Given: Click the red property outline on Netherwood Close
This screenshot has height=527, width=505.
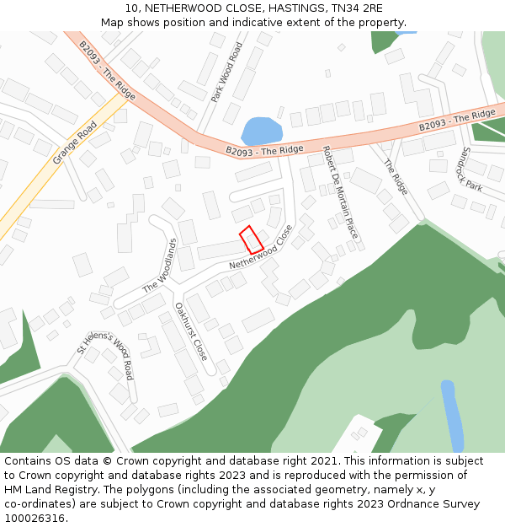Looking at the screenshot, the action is [x=252, y=239].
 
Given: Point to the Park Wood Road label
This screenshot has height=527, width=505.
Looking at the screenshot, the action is [x=226, y=73].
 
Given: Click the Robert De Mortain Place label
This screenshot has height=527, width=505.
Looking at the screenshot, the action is [x=340, y=192].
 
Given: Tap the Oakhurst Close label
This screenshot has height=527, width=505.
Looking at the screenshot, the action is [x=190, y=331].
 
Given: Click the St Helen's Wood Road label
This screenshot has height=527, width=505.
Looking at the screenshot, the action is [x=105, y=355].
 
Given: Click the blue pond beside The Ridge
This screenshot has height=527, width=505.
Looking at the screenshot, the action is [x=261, y=132].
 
